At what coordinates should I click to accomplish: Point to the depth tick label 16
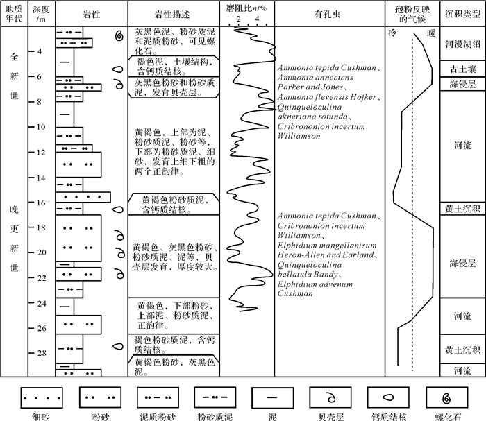click(41, 203)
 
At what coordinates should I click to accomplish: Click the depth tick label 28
click(41, 353)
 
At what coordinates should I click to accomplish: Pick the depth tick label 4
click(41, 52)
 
